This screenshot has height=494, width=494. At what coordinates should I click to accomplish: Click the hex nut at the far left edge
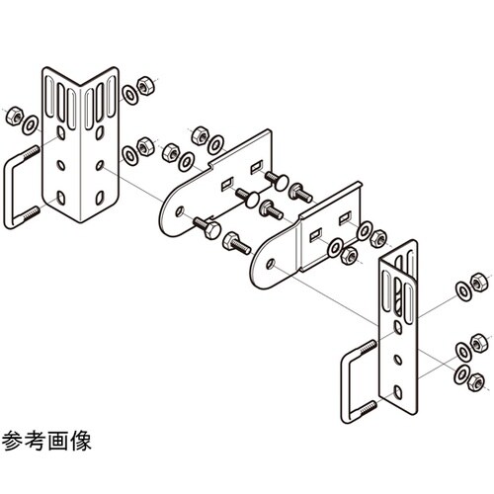point(14,115)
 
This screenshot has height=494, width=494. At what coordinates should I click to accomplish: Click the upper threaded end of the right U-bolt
point(370,345)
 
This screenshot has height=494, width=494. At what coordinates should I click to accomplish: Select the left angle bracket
point(79,148)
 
